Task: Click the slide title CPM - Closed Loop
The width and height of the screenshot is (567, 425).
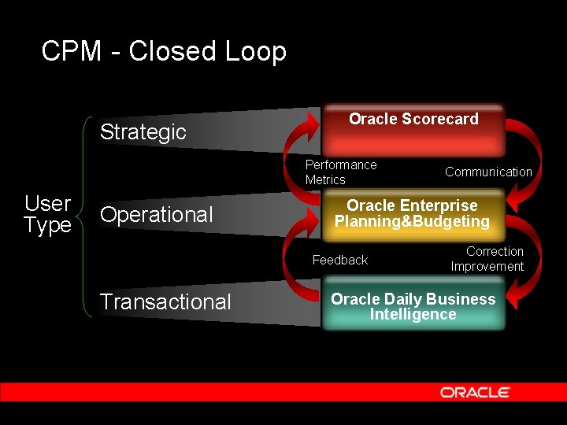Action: tap(164, 52)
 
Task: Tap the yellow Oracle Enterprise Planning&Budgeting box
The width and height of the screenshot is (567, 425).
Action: tap(413, 214)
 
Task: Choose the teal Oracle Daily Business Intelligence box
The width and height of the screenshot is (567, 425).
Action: tap(413, 307)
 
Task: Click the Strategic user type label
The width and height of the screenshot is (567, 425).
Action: tap(143, 132)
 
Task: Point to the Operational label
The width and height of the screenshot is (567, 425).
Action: tap(157, 215)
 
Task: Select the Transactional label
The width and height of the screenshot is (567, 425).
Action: tap(165, 302)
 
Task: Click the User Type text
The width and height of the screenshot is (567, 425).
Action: tap(47, 215)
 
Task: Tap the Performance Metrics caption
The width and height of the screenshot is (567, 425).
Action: tap(340, 172)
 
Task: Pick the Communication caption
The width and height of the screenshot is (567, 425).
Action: tap(488, 172)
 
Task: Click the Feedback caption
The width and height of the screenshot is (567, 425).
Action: tap(340, 260)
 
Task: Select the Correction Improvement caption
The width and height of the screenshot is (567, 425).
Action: tap(487, 259)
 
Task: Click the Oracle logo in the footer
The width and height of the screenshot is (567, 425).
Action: tap(475, 392)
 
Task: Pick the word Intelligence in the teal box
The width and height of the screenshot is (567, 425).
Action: tap(413, 315)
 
